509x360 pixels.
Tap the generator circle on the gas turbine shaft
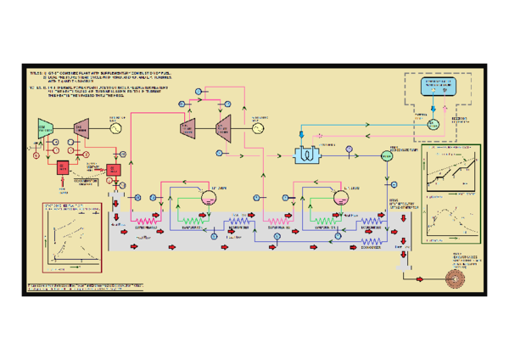pyautogui.click(x=116, y=127)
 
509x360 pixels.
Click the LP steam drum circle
pyautogui.click(x=341, y=197)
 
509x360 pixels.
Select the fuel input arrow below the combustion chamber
pyautogui.click(x=63, y=185)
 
